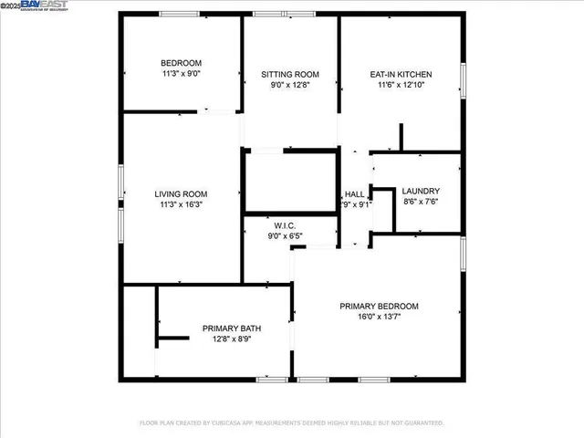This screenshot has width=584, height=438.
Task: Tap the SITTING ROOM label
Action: (289, 74)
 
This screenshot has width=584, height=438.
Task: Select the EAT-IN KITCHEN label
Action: (401, 74)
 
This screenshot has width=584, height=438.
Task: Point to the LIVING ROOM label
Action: (181, 193)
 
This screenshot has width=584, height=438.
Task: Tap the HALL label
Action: (354, 194)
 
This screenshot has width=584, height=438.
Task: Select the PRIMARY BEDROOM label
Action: (379, 306)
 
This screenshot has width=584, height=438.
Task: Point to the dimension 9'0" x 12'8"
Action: (289, 84)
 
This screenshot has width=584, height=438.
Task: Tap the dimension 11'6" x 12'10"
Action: (401, 84)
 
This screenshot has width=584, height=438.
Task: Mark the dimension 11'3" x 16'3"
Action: (181, 204)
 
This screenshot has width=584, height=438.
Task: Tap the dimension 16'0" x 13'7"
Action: (379, 317)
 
